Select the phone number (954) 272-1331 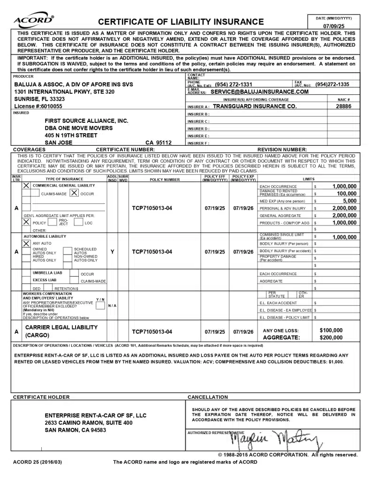pos(234,84)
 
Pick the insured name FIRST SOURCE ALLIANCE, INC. pos(86,120)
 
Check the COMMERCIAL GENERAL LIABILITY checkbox pos(26,186)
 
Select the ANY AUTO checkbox pos(26,243)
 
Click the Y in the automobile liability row pos(112,252)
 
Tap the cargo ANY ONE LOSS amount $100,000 pos(331,330)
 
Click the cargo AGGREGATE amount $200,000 pos(331,337)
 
